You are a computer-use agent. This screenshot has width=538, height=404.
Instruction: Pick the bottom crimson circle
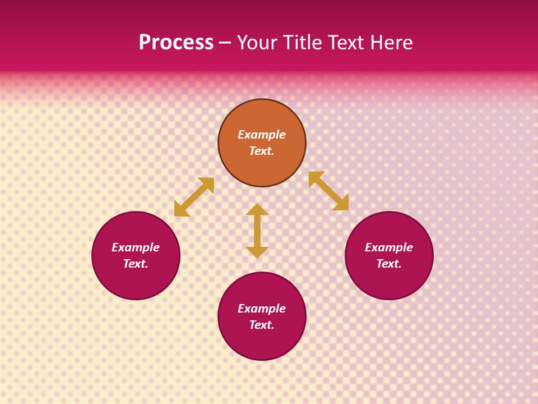coord(262,342)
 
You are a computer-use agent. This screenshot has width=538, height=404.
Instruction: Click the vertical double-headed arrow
coord(257,231)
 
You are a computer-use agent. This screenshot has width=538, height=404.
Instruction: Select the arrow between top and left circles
coord(194,197)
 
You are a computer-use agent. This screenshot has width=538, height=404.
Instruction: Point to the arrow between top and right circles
coord(328,191)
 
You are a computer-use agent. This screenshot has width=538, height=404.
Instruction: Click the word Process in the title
coord(176,43)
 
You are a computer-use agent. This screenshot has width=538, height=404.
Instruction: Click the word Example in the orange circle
coord(262,135)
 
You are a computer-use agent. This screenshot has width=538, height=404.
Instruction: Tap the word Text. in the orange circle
coord(262,151)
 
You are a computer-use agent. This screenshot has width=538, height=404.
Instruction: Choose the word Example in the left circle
coord(136,247)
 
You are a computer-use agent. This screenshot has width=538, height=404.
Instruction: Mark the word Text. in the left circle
coord(136,264)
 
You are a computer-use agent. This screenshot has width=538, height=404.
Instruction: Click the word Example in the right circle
coord(389,247)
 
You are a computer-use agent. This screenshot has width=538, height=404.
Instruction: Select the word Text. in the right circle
coord(389,264)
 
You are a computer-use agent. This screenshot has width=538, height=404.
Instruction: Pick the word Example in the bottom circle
coord(262,309)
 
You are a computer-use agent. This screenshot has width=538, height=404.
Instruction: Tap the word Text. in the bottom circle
coord(262,325)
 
